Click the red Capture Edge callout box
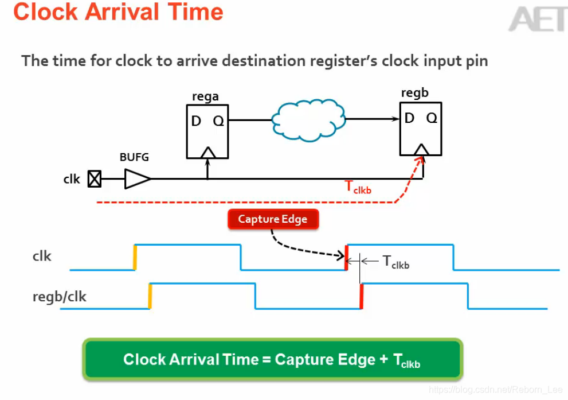273,219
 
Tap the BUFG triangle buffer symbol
136,179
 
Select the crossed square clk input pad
95,180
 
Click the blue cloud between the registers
309,119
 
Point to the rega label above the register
205,96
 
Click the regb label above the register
415,94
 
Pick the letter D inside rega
196,121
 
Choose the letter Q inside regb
432,118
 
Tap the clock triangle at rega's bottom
207,152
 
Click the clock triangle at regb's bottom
422,149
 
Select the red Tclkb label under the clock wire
358,187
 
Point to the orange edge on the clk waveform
135,257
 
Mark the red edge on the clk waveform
346,257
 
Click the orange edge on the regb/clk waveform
150,296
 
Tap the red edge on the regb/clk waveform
361,296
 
